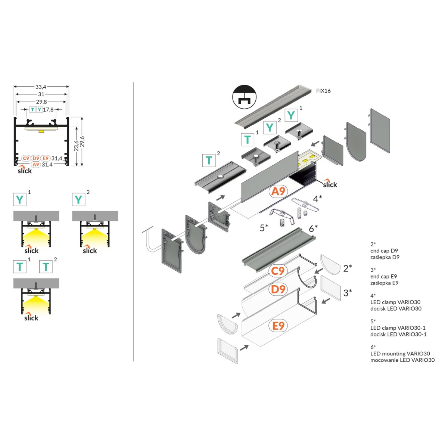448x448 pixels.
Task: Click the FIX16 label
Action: (323, 91)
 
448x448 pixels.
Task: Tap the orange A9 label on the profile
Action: (278, 192)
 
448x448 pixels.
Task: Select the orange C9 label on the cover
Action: (278, 271)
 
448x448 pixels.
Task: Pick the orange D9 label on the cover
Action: (278, 289)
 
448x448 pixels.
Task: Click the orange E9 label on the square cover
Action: (278, 326)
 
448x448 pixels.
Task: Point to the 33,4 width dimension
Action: (41, 87)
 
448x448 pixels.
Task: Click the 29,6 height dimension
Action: (83, 141)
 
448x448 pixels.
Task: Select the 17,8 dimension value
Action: (48, 110)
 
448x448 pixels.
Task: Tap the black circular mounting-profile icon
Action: (245, 97)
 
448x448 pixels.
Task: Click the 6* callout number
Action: (313, 228)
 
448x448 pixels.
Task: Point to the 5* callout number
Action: (264, 228)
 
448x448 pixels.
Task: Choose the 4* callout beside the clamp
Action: (317, 199)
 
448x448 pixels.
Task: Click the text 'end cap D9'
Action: (384, 251)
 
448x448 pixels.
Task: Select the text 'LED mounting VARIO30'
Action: (400, 354)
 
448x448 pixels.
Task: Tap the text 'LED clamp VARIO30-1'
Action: (398, 328)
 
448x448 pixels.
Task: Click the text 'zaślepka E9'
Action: (384, 283)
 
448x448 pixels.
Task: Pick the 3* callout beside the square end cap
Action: (348, 293)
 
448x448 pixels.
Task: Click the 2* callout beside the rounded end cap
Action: (348, 268)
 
